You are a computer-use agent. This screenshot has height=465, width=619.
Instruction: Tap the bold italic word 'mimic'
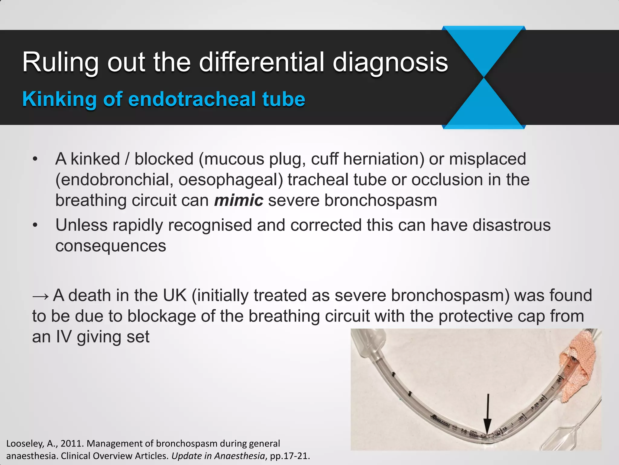238,200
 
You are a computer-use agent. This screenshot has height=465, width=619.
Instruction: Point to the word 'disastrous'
511,225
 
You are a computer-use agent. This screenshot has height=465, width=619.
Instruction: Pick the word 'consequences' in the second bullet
111,246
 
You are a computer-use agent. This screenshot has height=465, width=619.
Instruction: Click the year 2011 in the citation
72,444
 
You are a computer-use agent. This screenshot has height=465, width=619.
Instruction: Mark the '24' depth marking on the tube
559,380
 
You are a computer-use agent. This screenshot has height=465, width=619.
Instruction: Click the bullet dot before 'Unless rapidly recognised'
35,225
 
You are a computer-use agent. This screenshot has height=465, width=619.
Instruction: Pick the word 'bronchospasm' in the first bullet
381,200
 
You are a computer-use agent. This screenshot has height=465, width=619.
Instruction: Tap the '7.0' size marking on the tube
464,430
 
